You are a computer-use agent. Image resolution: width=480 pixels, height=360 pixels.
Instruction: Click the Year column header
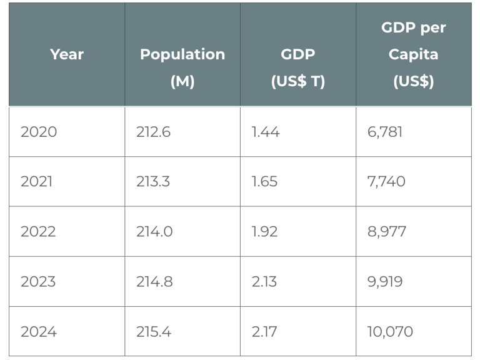pos(67,54)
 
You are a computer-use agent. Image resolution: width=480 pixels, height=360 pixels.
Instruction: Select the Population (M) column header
pos(182,67)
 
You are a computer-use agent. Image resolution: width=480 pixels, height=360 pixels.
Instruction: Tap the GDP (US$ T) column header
pos(298,67)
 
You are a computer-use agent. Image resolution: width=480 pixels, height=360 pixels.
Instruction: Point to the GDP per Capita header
pos(413,54)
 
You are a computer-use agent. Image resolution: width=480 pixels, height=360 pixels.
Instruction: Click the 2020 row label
pos(39,132)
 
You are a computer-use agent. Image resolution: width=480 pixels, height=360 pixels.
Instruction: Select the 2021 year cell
pos(37,182)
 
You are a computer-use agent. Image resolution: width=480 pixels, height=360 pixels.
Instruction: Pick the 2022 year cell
pos(38,232)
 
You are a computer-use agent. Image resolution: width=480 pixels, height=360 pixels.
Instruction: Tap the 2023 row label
pos(38,282)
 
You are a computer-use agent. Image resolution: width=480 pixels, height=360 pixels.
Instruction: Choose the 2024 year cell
pos(39,332)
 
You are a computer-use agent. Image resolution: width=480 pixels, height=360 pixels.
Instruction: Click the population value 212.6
pos(153,132)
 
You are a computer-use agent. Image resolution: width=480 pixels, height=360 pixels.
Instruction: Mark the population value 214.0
pos(154,232)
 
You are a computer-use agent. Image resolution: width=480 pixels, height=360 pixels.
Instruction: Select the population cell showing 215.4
pos(154,332)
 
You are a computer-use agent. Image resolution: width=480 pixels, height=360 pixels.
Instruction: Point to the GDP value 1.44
pos(265,132)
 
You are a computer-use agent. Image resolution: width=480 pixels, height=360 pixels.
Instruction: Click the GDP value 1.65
pos(264,182)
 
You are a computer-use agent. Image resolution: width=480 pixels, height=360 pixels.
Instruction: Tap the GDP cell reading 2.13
pos(264,282)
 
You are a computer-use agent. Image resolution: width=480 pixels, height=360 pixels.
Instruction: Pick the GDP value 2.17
pos(264,332)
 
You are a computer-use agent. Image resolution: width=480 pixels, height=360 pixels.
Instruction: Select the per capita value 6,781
pos(385,132)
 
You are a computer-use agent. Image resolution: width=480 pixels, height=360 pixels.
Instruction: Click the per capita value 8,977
pos(387,232)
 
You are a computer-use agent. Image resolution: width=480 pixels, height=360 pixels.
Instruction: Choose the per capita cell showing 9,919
pos(385,282)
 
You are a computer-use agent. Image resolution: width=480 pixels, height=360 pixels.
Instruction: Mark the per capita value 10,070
pos(390,332)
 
